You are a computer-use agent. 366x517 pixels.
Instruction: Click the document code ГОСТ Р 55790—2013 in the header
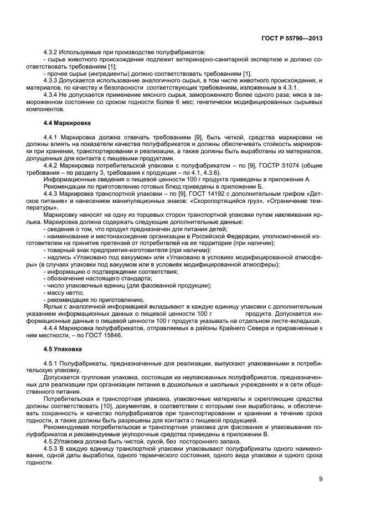(x=292, y=39)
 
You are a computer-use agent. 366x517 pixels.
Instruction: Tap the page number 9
(x=321, y=478)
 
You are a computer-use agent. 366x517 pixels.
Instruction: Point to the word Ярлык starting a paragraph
(x=52, y=306)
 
